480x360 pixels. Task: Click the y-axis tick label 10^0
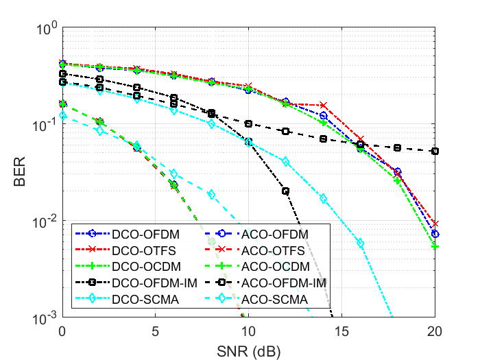46,30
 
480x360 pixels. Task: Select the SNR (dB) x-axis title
248,350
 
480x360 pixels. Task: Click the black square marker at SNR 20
435,151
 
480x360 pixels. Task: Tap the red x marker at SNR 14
323,105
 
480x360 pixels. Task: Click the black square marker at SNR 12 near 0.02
285,191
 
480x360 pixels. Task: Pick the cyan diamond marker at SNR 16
361,243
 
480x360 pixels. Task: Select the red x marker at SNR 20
435,224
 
